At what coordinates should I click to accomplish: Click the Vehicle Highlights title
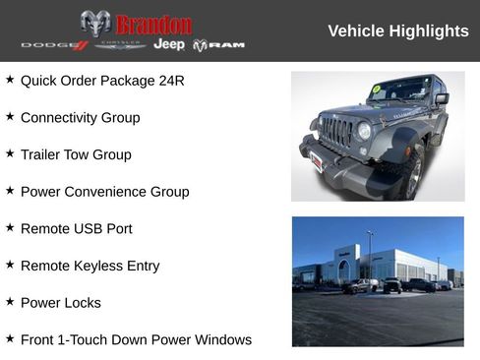pyautogui.click(x=397, y=31)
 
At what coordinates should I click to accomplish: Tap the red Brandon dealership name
pyautogui.click(x=153, y=24)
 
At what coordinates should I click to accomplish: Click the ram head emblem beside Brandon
pyautogui.click(x=95, y=24)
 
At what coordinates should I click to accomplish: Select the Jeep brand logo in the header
pyautogui.click(x=169, y=45)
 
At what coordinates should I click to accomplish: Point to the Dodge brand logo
pyautogui.click(x=54, y=45)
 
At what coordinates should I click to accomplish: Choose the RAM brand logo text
pyautogui.click(x=218, y=45)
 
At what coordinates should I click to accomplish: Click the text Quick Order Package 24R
pyautogui.click(x=102, y=80)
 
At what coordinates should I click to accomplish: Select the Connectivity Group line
pyautogui.click(x=80, y=117)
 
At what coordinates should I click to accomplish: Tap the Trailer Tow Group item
pyautogui.click(x=76, y=154)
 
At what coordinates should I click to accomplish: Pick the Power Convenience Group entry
pyautogui.click(x=104, y=192)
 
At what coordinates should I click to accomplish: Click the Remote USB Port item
pyautogui.click(x=76, y=228)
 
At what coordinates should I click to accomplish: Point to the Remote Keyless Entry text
pyautogui.click(x=90, y=266)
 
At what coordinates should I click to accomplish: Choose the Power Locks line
pyautogui.click(x=60, y=303)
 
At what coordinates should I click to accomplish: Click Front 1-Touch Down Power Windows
pyautogui.click(x=136, y=339)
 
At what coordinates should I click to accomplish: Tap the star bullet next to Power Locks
pyautogui.click(x=10, y=302)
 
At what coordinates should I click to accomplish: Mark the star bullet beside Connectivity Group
pyautogui.click(x=10, y=116)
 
